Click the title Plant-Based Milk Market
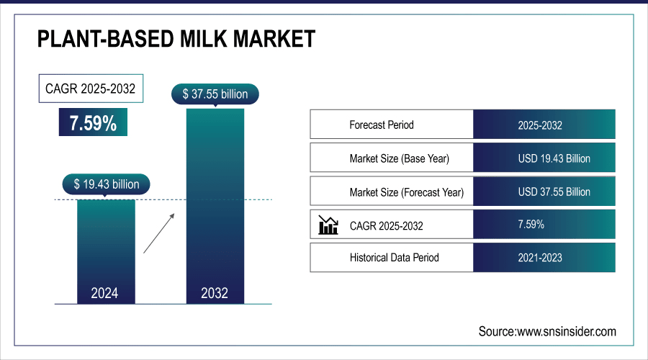176,39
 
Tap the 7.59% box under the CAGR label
93,123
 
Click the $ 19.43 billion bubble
106,184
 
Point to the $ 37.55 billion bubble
215,94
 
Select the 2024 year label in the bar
105,293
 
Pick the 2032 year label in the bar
215,293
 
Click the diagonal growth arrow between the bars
159,232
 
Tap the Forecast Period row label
382,125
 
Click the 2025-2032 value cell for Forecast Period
540,125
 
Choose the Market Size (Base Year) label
404,158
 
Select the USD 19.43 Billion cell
554,158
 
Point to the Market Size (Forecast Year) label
407,192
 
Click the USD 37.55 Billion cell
554,192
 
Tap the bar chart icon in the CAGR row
328,225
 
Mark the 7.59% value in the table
531,225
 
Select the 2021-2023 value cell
540,257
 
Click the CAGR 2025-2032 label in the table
387,226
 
